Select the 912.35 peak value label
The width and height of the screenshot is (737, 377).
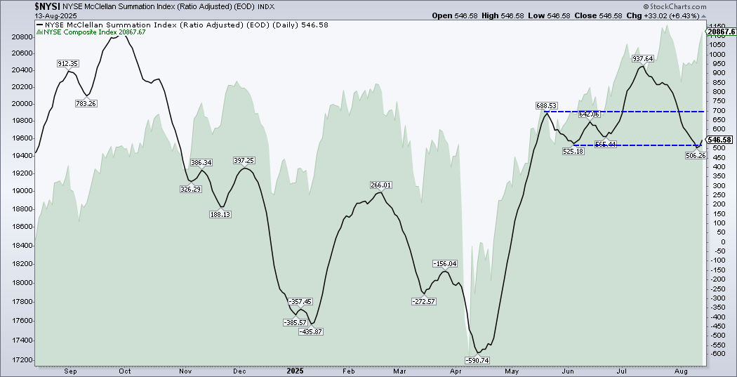pos(67,64)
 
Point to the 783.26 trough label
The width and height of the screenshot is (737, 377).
pos(86,103)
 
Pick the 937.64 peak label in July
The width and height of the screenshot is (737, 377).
pos(643,59)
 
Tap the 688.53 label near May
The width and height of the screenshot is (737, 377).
pos(545,105)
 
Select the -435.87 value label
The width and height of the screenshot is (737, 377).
pos(310,331)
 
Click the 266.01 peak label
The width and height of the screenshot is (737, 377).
pos(380,185)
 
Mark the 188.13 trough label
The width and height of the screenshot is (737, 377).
pos(220,214)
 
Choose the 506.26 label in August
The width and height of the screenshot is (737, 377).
pos(694,156)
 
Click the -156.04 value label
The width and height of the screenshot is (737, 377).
pos(445,264)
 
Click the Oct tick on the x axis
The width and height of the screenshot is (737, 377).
pos(126,370)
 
